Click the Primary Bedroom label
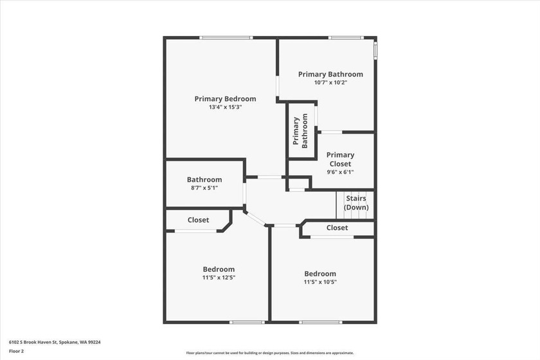coord(225,99)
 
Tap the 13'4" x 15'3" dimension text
coord(225,107)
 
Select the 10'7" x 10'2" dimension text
coord(330,83)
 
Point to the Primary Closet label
coord(340,159)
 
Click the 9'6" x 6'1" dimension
coord(340,172)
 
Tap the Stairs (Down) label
coord(356,203)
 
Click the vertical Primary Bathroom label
coord(300,131)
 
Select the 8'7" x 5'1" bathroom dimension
coord(204,188)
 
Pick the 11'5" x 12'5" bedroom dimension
coord(219,277)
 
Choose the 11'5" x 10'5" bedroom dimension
coord(320,282)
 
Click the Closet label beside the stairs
coord(337,228)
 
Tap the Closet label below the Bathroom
coord(199,220)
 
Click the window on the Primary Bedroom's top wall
coord(226,37)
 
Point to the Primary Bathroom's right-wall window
coord(375,51)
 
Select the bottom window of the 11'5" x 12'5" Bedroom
coord(248,322)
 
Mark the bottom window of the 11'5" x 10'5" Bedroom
coord(321,322)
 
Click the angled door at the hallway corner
coord(255,218)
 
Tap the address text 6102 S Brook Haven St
coord(33,343)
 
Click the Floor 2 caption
coord(16,352)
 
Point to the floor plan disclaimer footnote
coord(270,353)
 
